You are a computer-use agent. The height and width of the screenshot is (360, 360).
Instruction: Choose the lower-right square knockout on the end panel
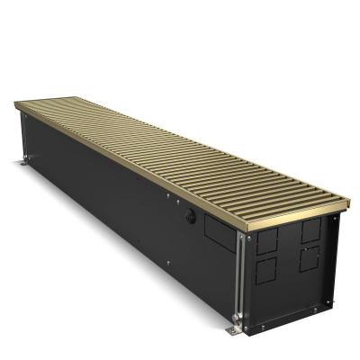point(309,257)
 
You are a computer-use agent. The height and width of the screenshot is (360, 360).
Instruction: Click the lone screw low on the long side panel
point(167,263)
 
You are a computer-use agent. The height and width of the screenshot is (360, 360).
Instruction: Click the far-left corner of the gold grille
point(16,103)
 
